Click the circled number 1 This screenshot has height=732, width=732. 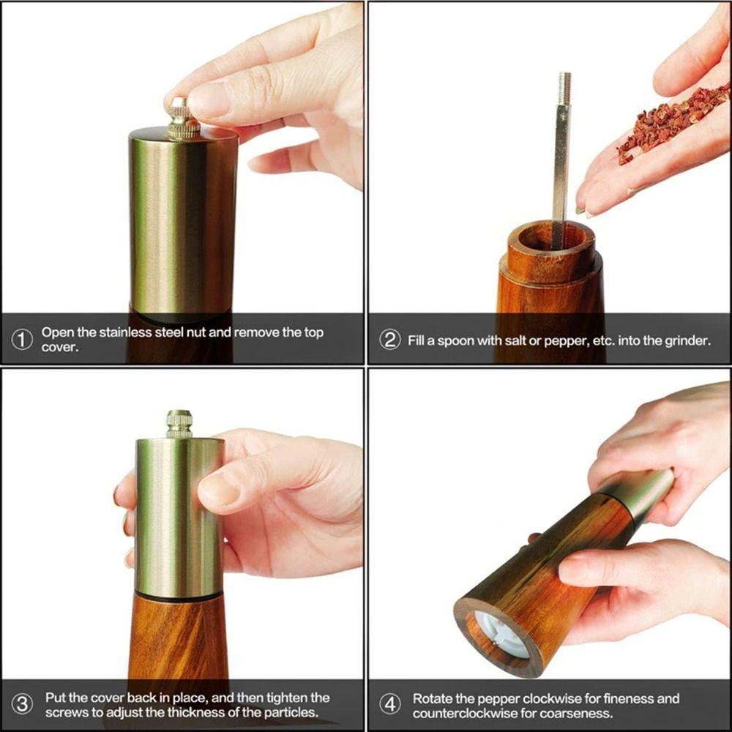(x=23, y=340)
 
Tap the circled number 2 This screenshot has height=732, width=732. (x=389, y=340)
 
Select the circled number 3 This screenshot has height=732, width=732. (x=23, y=705)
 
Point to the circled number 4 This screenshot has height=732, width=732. (x=389, y=705)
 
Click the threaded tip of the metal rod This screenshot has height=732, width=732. (x=564, y=89)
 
